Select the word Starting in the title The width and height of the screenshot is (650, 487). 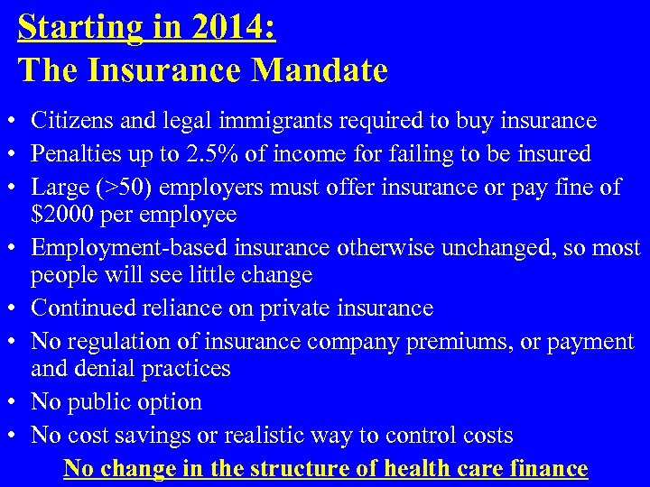(x=78, y=27)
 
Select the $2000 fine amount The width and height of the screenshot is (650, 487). (x=60, y=215)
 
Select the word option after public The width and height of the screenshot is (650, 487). (x=171, y=402)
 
